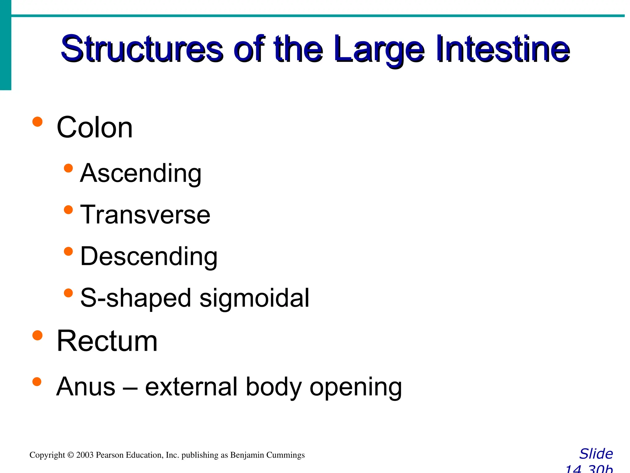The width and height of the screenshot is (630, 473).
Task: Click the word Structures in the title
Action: (142, 49)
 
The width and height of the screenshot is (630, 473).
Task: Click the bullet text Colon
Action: (94, 127)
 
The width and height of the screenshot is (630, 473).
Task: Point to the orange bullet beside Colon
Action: (37, 122)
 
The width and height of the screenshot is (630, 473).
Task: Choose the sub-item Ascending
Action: (141, 173)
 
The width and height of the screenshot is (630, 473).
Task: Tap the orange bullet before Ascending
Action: (68, 168)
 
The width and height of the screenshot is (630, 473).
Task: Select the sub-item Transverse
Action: (145, 215)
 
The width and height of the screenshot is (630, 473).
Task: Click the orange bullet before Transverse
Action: (68, 210)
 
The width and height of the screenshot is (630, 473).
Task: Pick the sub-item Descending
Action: (149, 257)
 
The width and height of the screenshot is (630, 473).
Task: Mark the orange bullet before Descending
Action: (68, 252)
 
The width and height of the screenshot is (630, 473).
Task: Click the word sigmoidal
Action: (254, 298)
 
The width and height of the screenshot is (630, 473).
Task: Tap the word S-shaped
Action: (136, 298)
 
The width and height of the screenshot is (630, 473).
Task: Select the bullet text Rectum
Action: (107, 341)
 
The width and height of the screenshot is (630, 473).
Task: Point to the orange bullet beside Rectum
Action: (37, 335)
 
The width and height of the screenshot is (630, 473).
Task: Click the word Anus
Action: (86, 387)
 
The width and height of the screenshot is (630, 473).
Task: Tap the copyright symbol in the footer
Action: (70, 455)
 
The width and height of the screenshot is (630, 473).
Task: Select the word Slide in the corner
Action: (596, 454)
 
